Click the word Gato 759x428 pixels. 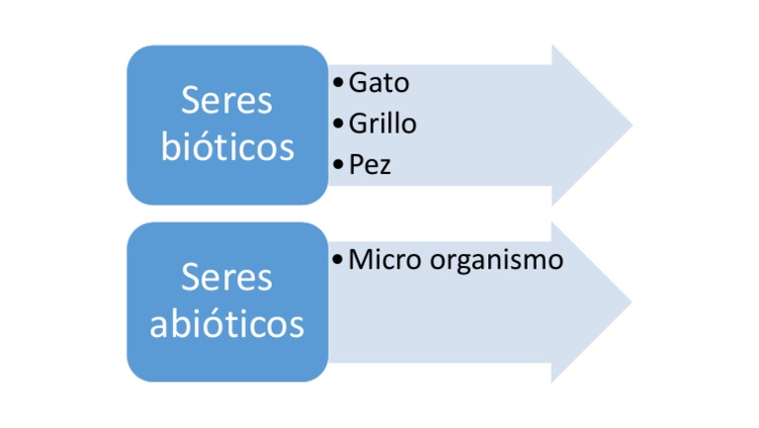coord(379,83)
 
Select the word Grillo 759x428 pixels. coord(382,125)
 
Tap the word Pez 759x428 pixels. coord(370,165)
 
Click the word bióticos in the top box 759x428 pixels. coord(227,147)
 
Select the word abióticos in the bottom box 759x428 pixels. coord(227,323)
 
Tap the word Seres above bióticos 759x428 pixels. coord(227,102)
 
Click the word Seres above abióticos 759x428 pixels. coord(227,278)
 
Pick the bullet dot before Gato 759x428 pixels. coord(340,83)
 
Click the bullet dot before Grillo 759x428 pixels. coord(340,125)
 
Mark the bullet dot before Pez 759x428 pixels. coord(340,165)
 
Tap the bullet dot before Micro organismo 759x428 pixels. coord(340,261)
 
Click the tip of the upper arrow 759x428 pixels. coord(631,125)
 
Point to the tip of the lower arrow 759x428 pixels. coord(631,301)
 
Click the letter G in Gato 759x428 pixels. coord(358,83)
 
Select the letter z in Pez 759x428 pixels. coord(384,167)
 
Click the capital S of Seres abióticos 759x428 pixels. coord(191,278)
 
